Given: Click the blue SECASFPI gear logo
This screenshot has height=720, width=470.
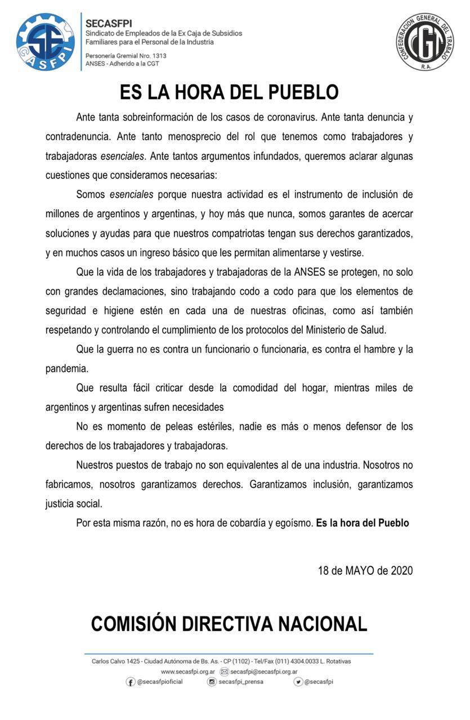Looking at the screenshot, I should (45, 42).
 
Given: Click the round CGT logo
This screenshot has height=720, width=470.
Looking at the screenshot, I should (424, 42).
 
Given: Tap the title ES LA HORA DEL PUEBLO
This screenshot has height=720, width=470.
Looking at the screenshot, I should (229, 92).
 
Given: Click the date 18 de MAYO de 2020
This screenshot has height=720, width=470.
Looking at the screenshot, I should (365, 570).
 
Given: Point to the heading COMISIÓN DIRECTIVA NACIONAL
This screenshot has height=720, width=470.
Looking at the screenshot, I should (229, 624).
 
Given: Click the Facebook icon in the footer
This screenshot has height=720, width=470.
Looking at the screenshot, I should (131, 682).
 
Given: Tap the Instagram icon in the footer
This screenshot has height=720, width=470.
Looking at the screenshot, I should (212, 682).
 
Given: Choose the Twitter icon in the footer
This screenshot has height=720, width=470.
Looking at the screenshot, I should (298, 682).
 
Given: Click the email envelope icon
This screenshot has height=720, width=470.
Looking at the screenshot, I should (224, 672).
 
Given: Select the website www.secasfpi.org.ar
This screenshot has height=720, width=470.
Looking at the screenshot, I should (188, 672).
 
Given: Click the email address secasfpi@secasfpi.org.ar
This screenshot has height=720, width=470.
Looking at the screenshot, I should (263, 672).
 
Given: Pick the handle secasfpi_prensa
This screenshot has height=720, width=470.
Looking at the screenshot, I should (241, 682).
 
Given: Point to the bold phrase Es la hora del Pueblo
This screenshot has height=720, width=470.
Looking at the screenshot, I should (362, 523).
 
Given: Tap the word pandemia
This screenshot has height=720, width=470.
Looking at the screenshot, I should (67, 368).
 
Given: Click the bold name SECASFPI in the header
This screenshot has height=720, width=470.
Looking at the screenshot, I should (109, 24).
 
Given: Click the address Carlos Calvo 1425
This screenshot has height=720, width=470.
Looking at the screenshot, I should (116, 661).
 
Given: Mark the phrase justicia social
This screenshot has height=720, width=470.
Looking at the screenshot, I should (74, 503).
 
